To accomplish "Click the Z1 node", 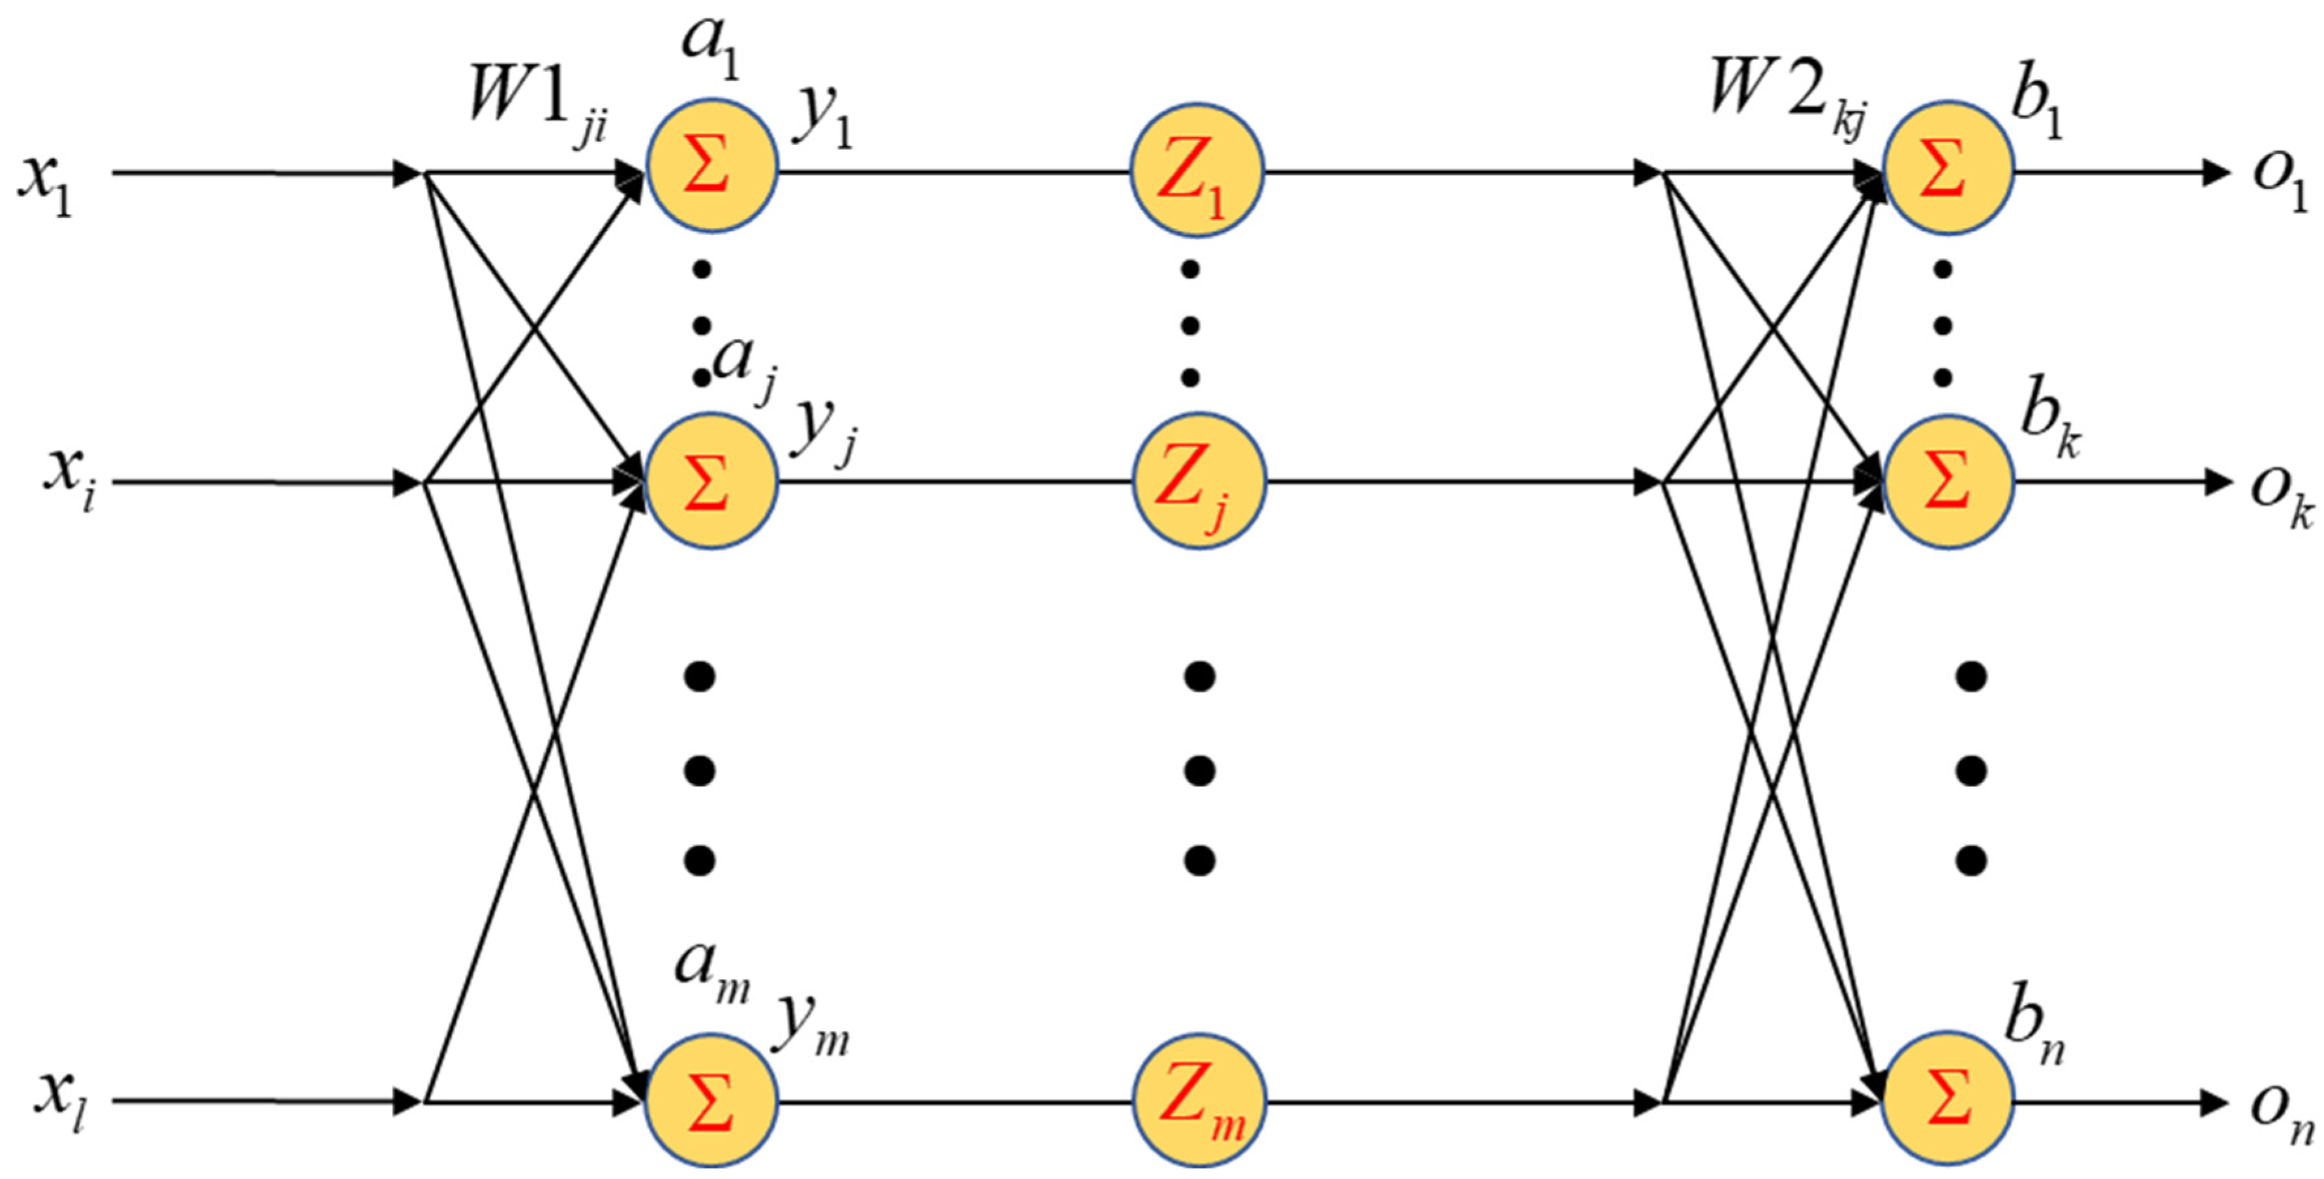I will (1197, 172).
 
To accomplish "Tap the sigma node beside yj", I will (711, 481).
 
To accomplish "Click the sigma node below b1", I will (1947, 168).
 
